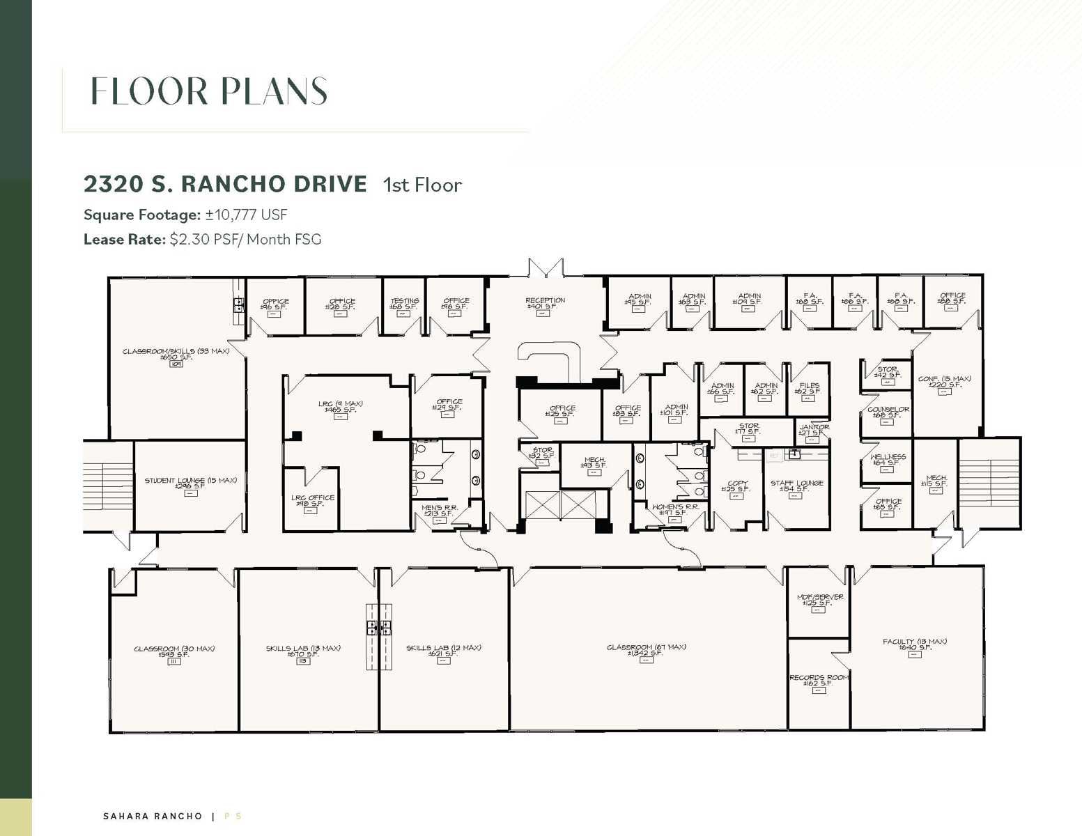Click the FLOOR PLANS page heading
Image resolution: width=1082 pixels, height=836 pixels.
coord(209,91)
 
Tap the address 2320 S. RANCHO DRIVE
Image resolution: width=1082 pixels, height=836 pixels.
coord(225,184)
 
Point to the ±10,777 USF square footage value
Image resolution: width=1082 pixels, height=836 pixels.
coord(246,215)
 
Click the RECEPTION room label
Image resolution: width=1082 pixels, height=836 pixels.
coord(545,301)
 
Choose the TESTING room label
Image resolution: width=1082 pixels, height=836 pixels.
coord(404,302)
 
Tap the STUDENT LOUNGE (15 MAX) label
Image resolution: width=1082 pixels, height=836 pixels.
coord(190,481)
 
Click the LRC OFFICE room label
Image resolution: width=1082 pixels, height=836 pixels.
coord(312,498)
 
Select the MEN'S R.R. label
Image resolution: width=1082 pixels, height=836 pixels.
coord(439,508)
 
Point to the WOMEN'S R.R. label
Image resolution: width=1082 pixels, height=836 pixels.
coord(674,507)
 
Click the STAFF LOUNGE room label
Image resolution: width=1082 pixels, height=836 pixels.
coord(796,483)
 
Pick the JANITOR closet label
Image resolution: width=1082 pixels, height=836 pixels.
coord(813,427)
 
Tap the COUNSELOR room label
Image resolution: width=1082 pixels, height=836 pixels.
coord(888,410)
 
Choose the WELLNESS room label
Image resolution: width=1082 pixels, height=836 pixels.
coord(888,458)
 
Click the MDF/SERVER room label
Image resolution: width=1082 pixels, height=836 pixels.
coord(819,597)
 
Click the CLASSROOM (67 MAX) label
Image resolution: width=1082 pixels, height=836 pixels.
coord(646,647)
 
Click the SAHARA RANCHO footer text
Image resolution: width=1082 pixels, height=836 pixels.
coord(153,816)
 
